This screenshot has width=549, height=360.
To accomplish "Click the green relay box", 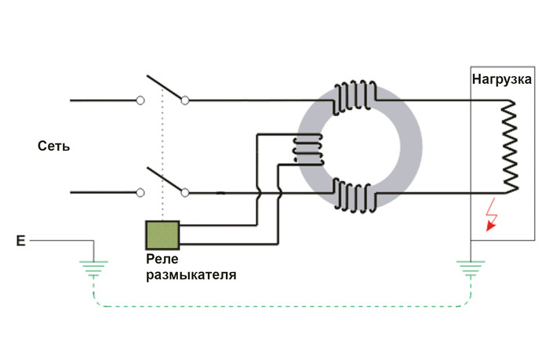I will [163, 234].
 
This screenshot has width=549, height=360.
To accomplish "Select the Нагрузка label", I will [503, 79].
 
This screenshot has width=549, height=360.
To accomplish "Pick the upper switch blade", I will [164, 88].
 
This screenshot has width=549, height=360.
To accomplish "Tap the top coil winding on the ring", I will [355, 97].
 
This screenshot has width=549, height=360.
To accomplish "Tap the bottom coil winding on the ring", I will [355, 193].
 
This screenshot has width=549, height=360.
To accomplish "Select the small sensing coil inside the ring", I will [307, 147].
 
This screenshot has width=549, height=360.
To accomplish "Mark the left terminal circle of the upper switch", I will [141, 100].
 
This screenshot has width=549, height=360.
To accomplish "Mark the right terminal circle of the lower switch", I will [186, 191].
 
